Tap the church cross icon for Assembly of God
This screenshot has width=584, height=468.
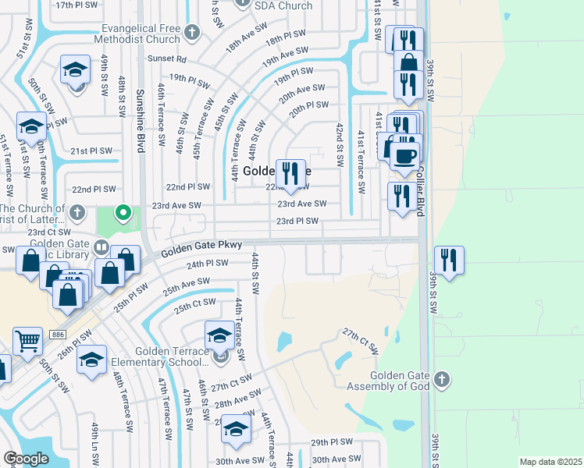[x=441, y=380]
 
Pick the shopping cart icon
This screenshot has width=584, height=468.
[x=27, y=341]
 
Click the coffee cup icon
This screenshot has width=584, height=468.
[x=405, y=156]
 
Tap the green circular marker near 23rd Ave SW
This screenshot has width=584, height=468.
[x=123, y=212]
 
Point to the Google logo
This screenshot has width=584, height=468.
[x=25, y=458]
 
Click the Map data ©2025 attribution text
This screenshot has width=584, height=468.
[x=550, y=462]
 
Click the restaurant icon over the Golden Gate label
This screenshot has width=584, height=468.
[x=290, y=174]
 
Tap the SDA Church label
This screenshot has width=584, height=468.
[x=284, y=5]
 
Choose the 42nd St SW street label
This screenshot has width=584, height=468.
[x=340, y=144]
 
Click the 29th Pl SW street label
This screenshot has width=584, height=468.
[x=331, y=441]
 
